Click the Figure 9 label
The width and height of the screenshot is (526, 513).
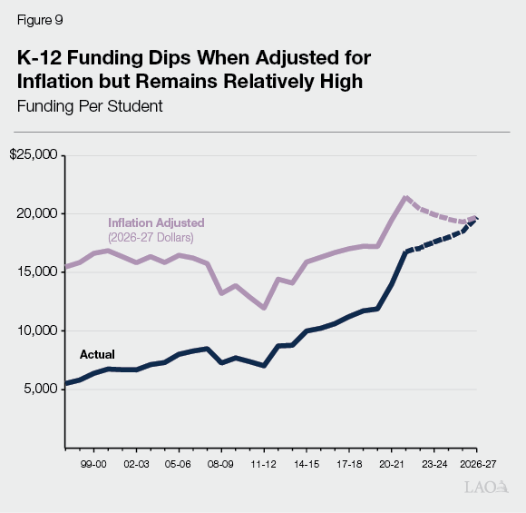click(x=38, y=19)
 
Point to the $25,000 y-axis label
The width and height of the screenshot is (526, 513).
click(x=34, y=154)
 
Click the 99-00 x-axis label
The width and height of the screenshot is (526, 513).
click(x=93, y=462)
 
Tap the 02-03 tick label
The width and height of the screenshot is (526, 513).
click(x=135, y=462)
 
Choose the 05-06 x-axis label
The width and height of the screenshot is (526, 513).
click(x=178, y=462)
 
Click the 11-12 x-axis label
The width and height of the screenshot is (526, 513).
click(x=264, y=462)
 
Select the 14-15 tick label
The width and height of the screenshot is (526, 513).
click(x=307, y=462)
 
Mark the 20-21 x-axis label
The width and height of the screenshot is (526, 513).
click(x=392, y=462)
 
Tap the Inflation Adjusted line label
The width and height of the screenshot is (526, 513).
click(x=156, y=222)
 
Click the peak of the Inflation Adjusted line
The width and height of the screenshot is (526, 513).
click(x=405, y=197)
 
